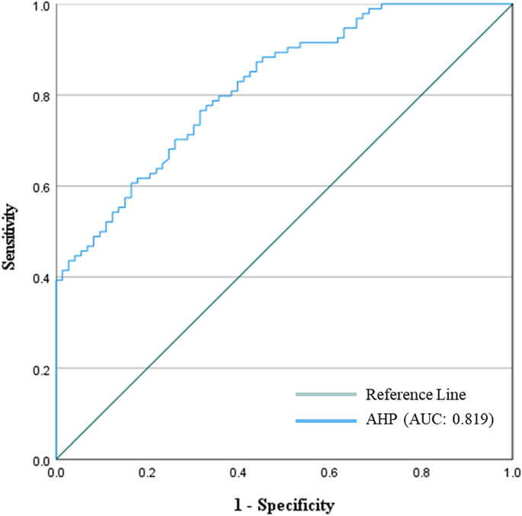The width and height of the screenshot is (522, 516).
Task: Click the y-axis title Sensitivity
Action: (11, 236)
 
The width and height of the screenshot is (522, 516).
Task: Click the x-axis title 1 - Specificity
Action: (284, 505)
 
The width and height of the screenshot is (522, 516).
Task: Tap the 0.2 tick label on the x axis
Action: (147, 473)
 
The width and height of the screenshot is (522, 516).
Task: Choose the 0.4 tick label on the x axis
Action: (239, 473)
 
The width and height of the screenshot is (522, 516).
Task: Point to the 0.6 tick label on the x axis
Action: (330, 473)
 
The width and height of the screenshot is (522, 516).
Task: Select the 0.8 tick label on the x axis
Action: (421, 473)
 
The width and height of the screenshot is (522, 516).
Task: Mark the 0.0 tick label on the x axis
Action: (56, 473)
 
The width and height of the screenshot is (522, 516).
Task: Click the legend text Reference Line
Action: (415, 395)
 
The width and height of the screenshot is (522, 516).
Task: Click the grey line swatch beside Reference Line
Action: (325, 395)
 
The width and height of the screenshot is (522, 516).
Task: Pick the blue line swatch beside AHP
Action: (325, 421)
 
